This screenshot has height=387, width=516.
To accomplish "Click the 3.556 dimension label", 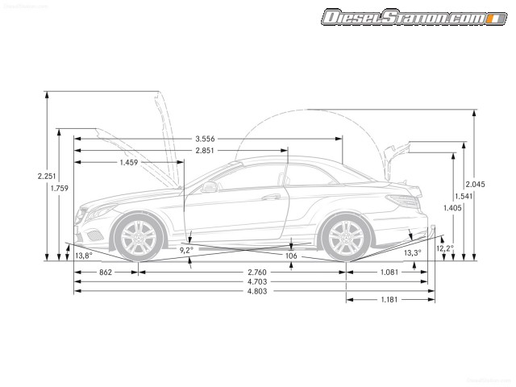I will (x=209, y=137).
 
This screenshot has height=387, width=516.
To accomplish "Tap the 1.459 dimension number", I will (x=129, y=162).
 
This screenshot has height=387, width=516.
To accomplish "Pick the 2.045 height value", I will (x=475, y=184).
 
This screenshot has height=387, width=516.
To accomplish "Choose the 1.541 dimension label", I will (x=464, y=196).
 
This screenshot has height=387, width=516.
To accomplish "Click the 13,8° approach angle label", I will (x=84, y=255).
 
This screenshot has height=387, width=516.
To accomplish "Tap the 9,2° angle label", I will (x=186, y=250).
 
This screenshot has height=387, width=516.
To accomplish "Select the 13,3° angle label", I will (x=412, y=253).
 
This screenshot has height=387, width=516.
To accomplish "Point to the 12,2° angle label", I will (x=445, y=249).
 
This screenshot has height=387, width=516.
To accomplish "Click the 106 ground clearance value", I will (x=291, y=256).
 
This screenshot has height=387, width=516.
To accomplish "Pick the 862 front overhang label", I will (x=106, y=273).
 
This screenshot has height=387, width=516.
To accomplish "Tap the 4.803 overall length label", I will (x=258, y=291).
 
